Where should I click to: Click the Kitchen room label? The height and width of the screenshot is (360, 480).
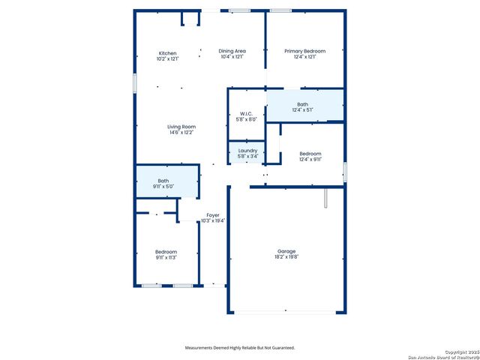click(x=167, y=52)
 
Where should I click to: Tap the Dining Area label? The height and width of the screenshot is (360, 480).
click(x=232, y=51)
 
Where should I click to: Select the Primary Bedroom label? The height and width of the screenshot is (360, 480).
click(x=304, y=51)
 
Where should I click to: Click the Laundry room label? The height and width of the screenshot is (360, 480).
click(x=247, y=151)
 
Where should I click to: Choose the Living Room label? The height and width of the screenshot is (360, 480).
click(x=181, y=127)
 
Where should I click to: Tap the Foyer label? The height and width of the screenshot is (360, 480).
click(x=213, y=215)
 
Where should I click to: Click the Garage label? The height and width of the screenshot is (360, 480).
click(x=286, y=251)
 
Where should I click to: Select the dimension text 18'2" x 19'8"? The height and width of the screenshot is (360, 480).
click(x=286, y=256)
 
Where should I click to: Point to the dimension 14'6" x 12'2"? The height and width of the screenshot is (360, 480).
click(x=181, y=133)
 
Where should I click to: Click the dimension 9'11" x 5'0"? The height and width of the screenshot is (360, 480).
click(x=163, y=185)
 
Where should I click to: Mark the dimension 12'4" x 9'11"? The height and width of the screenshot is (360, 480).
click(x=310, y=158)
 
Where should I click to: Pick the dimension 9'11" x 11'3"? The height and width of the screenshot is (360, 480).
click(x=166, y=256)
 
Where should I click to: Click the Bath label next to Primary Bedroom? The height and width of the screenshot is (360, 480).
click(x=302, y=104)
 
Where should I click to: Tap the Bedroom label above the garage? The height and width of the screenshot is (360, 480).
click(x=310, y=152)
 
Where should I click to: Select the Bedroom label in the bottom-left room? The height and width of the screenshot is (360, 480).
click(x=166, y=251)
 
